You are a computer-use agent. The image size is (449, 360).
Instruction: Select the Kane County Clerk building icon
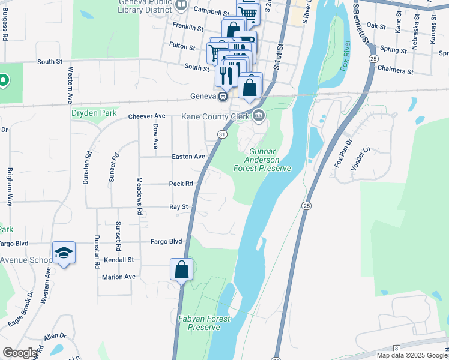259,116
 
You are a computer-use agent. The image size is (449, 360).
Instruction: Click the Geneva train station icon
223,96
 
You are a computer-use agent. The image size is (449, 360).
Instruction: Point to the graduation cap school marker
64,253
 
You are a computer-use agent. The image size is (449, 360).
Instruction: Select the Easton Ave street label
188,157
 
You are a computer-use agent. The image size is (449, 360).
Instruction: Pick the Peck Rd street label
181,184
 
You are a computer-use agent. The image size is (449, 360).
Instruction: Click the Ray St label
179,206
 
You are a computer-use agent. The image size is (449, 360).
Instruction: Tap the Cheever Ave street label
147,116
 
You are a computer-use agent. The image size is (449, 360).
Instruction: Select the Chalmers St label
394,70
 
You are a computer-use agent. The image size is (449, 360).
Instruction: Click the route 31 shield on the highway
222,134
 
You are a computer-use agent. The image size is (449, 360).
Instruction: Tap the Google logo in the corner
20,353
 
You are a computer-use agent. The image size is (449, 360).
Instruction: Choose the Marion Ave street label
119,277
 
